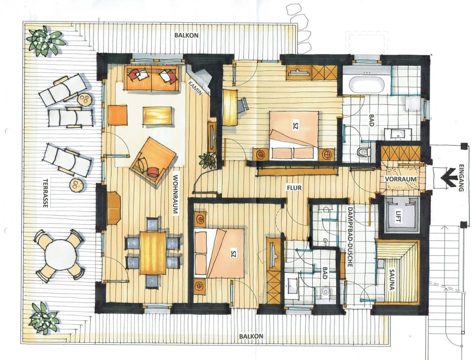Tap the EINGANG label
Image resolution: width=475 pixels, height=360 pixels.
pos(462,178)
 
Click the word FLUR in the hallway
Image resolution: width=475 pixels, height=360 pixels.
pos(295,188)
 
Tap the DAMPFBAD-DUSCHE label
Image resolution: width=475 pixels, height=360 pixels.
pos(349,236)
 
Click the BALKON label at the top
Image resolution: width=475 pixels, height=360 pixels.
pos(186,36)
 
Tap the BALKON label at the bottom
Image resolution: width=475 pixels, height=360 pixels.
pos(250,336)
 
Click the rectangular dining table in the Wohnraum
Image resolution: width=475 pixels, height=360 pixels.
pos(153,252)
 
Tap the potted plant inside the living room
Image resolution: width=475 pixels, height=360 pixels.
pos(207,160)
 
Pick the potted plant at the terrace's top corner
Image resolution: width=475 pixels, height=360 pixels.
pos(46,41)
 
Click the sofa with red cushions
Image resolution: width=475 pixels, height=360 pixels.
pos(152,77)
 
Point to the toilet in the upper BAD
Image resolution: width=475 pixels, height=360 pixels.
pos(364,152)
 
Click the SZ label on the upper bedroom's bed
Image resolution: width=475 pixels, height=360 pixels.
pos(295,127)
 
